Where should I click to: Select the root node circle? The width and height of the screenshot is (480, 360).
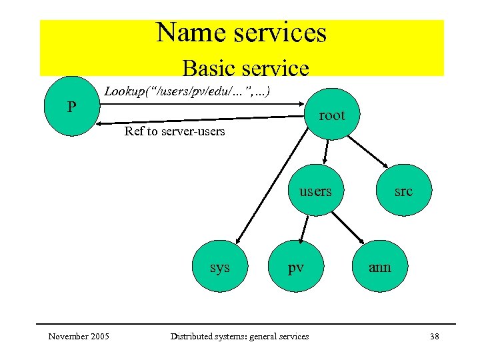coord(331,115)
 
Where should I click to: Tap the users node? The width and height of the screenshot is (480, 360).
coord(315,191)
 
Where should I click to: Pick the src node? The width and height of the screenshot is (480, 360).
coord(403,191)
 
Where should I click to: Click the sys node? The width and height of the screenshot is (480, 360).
coord(219,267)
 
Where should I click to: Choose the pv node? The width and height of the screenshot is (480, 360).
coord(296,267)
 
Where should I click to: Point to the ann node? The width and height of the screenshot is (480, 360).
coord(379,267)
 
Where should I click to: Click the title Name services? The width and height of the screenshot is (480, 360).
coord(241,33)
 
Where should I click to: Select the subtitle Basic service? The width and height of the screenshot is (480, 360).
coord(245,68)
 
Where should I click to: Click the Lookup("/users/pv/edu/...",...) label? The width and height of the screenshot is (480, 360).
coord(187,91)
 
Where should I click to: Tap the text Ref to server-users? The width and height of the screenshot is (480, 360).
coord(175,131)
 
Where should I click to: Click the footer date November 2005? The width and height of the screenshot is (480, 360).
coord(79,336)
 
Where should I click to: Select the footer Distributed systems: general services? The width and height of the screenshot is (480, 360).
coord(239,336)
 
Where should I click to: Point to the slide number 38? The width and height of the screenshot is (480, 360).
coord(434,336)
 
